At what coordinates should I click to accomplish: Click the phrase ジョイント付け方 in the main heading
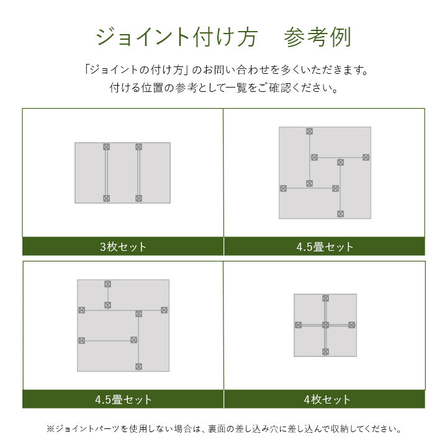[x=176, y=37]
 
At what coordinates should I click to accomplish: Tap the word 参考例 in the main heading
[x=317, y=37]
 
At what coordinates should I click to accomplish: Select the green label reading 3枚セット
[x=123, y=246]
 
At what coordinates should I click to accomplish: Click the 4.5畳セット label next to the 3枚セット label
[x=325, y=246]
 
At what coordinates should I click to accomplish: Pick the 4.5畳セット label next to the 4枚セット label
[x=123, y=400]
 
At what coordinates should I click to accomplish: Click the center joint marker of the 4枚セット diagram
[x=325, y=325]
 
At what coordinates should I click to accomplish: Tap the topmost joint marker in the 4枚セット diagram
[x=325, y=299]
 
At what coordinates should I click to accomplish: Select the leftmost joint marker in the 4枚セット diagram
[x=299, y=325]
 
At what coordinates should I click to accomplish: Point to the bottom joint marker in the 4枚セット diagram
[x=325, y=351]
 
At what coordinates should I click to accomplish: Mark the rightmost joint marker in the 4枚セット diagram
[x=352, y=325]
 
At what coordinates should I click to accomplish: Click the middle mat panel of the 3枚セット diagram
[x=123, y=173]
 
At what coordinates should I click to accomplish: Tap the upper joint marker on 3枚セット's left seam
[x=107, y=147]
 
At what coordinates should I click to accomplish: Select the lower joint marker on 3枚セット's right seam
[x=139, y=199]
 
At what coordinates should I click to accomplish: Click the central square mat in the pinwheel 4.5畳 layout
[x=324, y=173]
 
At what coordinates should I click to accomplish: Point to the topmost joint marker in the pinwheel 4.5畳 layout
[x=309, y=132]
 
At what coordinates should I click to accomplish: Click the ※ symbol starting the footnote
[x=50, y=428]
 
